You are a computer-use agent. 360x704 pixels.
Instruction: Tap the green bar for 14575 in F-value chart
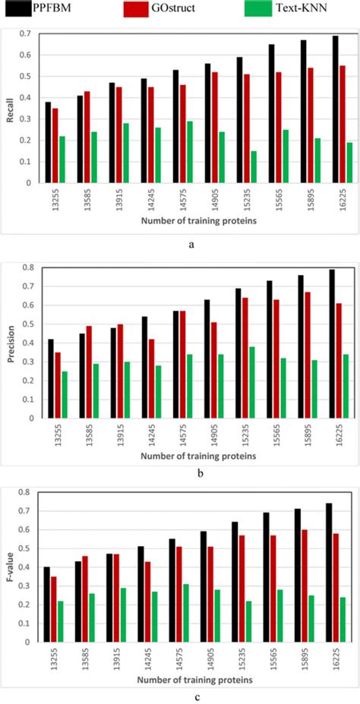pos(186,613)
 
